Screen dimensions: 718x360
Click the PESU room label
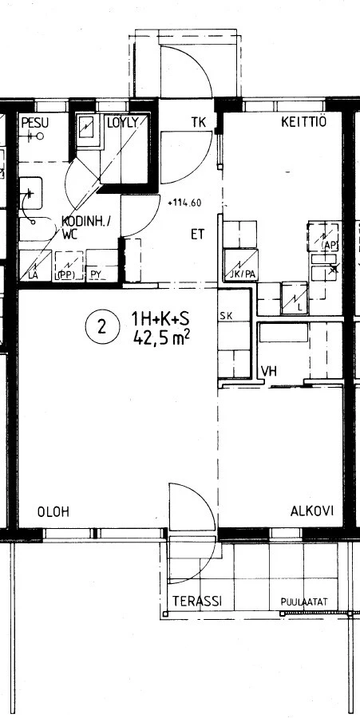[35, 122]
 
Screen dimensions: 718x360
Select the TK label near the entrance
[199, 122]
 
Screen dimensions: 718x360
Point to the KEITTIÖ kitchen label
[303, 122]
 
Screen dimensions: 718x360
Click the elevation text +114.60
[184, 203]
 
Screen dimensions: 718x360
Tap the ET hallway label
[197, 235]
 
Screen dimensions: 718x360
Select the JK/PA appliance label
[240, 275]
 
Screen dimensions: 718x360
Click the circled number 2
[101, 326]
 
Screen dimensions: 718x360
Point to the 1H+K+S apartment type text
[160, 321]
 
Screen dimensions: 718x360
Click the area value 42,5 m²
[162, 338]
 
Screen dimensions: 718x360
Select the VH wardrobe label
[268, 371]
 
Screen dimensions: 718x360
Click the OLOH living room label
[53, 512]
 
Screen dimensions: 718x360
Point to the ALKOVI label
[311, 511]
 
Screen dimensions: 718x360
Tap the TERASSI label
[196, 601]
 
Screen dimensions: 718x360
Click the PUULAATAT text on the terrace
[305, 602]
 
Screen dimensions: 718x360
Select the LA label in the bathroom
[34, 275]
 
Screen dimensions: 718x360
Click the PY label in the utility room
[96, 275]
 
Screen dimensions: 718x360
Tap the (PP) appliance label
[65, 275]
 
